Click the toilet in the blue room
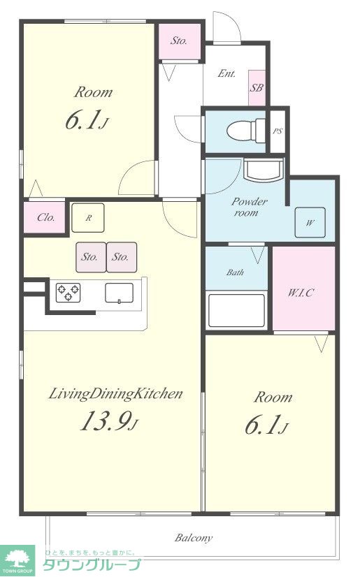246,129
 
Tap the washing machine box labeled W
310,223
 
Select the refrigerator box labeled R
88,218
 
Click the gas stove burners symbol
68,293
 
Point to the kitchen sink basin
120,293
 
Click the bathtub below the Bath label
237,310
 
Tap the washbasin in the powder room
264,170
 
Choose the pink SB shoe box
257,88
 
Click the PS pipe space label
278,131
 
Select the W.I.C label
301,293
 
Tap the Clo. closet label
46,217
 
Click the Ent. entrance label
226,73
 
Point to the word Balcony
194,538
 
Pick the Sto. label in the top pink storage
179,41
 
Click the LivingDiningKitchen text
115,394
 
